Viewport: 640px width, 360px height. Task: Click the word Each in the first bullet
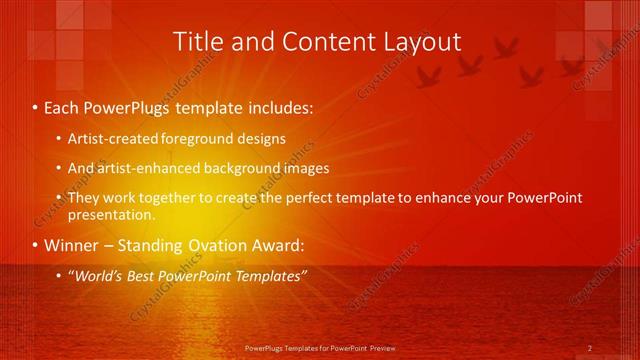pos(63,107)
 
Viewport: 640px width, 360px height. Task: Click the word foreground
pos(197,138)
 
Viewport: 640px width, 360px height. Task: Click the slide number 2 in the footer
pos(590,348)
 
